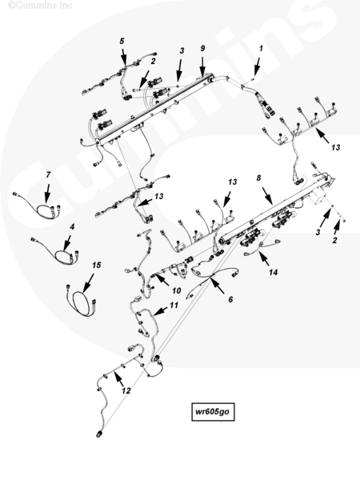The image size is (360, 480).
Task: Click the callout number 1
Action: tap(261, 48)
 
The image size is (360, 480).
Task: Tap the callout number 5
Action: tap(122, 41)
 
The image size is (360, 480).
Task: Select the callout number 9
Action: tap(202, 48)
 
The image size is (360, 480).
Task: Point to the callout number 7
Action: tap(48, 174)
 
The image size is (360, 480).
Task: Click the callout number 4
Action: tap(72, 227)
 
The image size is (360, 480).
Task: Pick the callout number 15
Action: tap(97, 265)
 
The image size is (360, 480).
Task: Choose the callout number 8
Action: tap(258, 178)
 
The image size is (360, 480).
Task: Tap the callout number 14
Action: tap(274, 272)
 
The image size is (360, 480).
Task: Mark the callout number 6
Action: tap(230, 299)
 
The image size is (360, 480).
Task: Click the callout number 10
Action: tap(176, 290)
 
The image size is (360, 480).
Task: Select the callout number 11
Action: tap(174, 306)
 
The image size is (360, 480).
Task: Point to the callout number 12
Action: tap(126, 390)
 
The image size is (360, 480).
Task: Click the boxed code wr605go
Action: tap(213, 412)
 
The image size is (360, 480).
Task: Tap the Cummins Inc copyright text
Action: tap(40, 6)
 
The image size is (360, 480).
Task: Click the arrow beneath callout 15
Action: tap(88, 283)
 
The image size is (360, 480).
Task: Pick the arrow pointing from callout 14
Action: tap(264, 258)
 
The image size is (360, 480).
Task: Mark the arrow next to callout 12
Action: tap(118, 379)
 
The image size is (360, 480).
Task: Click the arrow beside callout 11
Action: tap(161, 311)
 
